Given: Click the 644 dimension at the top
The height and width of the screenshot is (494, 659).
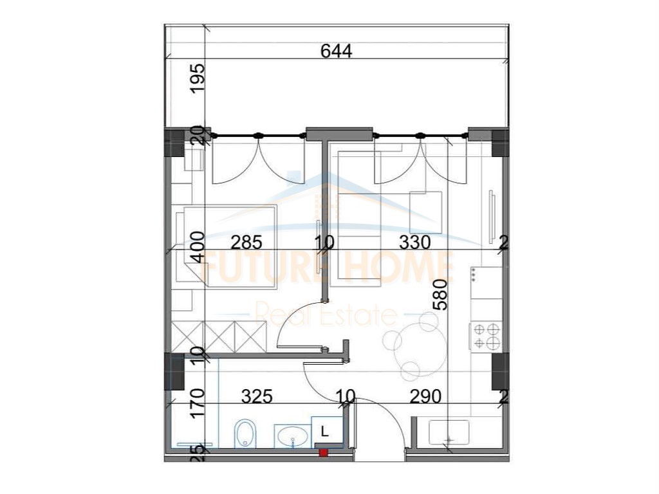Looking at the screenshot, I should (337, 51).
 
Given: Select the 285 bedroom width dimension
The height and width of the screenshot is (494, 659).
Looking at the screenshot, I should (246, 242).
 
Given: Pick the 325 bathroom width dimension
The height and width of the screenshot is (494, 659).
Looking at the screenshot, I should (257, 397).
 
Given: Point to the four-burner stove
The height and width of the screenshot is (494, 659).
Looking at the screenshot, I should (487, 336).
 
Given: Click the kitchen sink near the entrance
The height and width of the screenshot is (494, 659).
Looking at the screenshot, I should (449, 431).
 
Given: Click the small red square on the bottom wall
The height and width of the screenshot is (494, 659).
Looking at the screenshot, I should (324, 453).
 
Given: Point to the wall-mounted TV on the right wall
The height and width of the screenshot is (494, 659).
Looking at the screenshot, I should (492, 214).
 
